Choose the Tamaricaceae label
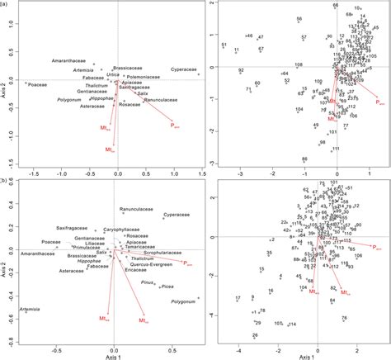[x=144, y=244]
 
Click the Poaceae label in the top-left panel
[x=35, y=83]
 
